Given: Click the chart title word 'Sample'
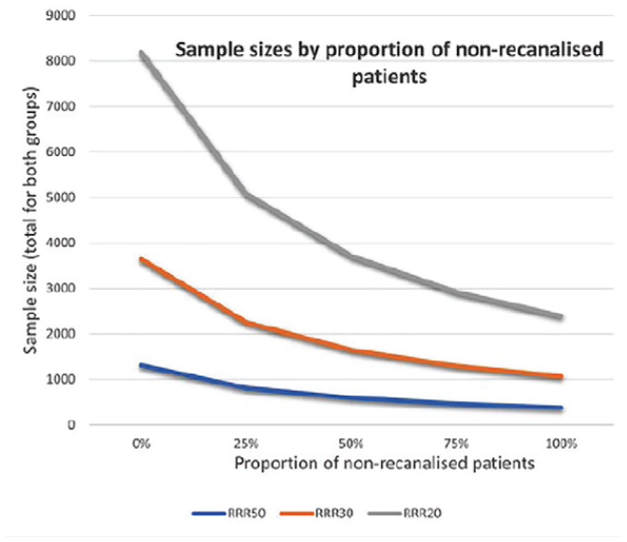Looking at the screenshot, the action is coord(209,50).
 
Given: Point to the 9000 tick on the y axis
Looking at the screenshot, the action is coord(61,15).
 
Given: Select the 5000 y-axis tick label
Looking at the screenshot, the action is coord(61,198).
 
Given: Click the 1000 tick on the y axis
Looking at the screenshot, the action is coord(61,379).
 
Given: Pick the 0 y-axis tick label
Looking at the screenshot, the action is coord(71,425).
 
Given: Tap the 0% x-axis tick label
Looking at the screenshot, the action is coord(142,443).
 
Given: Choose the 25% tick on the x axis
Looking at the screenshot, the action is coord(246,443).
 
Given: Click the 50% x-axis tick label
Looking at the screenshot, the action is coord(351,443).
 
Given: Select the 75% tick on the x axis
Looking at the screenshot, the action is coord(456,443).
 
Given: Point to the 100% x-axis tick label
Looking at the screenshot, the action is coord(561,443).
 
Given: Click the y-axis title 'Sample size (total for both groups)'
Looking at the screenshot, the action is coord(30,221).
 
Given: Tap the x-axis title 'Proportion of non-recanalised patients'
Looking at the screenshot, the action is coord(385,463).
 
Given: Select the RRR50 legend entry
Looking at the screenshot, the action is coord(229,513).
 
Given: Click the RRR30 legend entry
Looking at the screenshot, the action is coord(316,513).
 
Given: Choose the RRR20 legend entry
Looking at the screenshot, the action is coord(405,513).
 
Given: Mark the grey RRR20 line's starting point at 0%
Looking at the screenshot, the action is coord(142,53).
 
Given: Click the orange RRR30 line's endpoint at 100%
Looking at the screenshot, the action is coord(561,377).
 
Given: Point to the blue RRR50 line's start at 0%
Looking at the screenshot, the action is coord(142,365).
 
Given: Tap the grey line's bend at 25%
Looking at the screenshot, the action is coord(246,195).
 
